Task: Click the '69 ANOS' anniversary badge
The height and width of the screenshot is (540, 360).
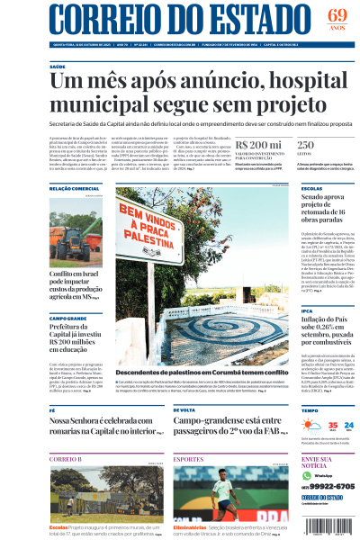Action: click(337, 19)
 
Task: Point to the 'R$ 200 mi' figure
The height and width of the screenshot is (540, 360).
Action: click(257, 144)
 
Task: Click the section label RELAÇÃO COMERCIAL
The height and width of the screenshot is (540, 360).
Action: click(74, 188)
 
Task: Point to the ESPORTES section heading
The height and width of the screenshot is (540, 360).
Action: click(188, 459)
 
